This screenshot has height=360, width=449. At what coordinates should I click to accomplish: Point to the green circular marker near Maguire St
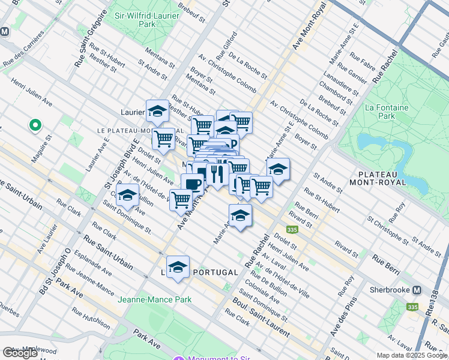click(35, 125)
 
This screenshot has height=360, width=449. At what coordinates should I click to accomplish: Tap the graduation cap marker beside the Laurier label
click(157, 111)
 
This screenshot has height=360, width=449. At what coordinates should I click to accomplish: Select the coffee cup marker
click(192, 184)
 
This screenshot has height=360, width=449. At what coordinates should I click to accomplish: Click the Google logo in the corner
click(20, 353)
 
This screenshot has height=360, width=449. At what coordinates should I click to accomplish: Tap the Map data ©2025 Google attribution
click(412, 355)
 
